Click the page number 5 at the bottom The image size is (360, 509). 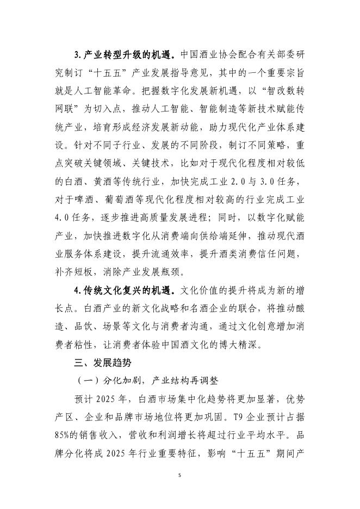point(179,475)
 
